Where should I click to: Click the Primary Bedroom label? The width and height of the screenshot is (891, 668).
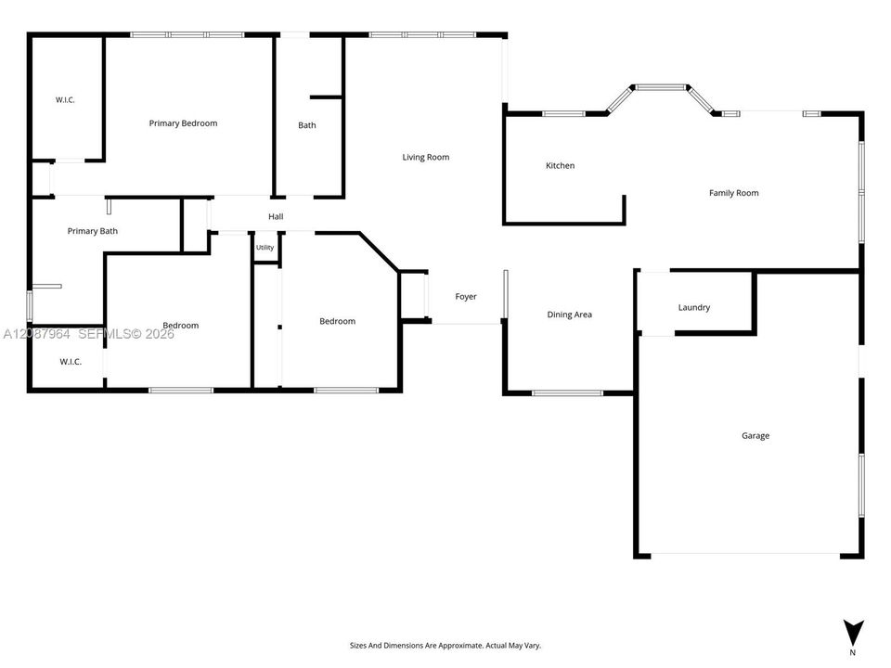(x=183, y=123)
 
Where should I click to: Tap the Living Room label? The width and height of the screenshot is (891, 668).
(x=426, y=158)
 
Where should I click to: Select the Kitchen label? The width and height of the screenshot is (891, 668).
(x=561, y=165)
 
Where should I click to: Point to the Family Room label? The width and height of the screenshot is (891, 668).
(x=733, y=193)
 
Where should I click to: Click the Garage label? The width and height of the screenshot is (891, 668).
(x=755, y=436)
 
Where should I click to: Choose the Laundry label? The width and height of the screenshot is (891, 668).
(x=694, y=307)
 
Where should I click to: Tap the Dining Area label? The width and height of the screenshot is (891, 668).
(x=569, y=315)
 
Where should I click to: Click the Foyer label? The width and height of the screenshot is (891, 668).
(x=466, y=297)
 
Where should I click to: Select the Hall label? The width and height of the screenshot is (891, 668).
(x=277, y=216)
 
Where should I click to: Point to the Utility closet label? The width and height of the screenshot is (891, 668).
(x=265, y=247)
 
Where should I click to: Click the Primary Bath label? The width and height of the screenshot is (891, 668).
(x=93, y=231)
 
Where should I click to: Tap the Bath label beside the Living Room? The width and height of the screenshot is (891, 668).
(x=307, y=125)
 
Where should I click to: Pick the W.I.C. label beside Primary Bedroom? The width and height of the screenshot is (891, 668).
(x=65, y=100)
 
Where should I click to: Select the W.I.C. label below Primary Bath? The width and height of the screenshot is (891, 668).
(x=71, y=362)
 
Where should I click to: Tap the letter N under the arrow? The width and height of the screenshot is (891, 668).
(x=852, y=652)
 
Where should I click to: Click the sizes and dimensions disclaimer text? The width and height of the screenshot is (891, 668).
(x=445, y=646)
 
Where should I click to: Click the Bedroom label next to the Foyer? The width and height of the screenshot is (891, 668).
(x=338, y=322)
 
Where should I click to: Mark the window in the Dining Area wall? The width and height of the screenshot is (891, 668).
(x=567, y=392)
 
